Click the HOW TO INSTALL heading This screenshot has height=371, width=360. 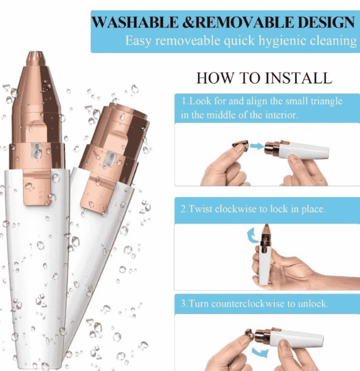264,78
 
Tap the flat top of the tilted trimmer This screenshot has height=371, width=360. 123,110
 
